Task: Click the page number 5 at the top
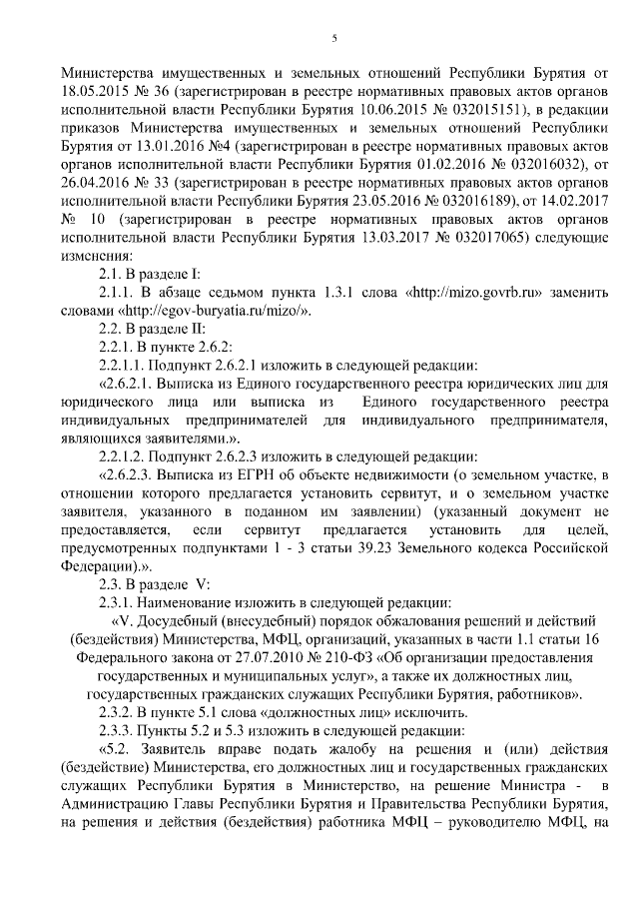(x=334, y=39)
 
